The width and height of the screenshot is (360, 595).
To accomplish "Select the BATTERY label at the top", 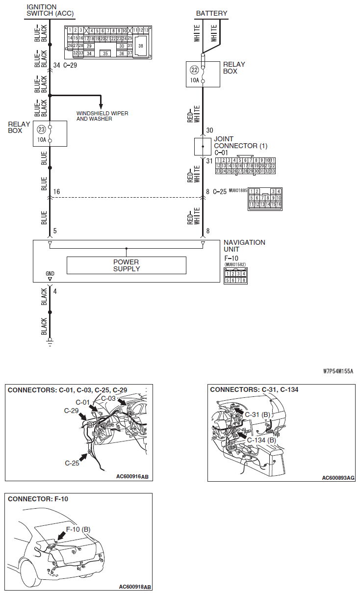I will (211, 13).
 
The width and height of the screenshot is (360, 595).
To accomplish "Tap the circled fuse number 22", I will (194, 70).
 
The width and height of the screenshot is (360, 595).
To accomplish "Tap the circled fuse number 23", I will (41, 130).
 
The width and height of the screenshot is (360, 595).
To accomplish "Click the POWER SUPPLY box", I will (126, 265).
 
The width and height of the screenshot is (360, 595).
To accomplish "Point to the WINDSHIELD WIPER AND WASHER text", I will (102, 116).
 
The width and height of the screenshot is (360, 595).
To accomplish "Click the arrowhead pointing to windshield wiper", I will (101, 105).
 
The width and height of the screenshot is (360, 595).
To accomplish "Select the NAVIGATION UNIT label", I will (244, 246).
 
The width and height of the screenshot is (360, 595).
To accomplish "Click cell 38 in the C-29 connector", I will (141, 45).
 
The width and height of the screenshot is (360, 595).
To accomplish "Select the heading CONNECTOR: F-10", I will (38, 499).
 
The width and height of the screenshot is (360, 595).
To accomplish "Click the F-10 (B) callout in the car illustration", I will (78, 529).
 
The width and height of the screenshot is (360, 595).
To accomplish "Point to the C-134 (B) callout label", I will (262, 440).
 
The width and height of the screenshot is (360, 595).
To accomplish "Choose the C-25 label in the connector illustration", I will (73, 463).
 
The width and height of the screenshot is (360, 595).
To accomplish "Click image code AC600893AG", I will (338, 477).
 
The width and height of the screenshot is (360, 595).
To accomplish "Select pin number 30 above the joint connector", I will (210, 130).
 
